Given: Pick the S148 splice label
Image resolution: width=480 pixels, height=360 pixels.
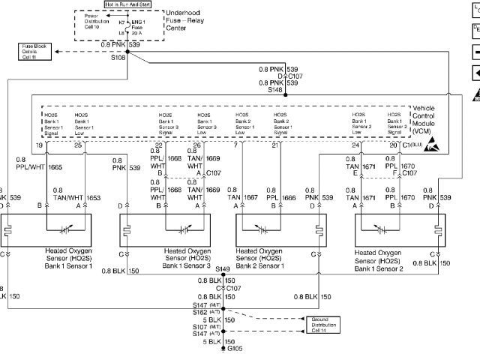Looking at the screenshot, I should [276, 89].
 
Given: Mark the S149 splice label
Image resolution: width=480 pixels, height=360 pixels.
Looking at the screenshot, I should [223, 268].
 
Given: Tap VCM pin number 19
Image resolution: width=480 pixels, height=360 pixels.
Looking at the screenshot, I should [40, 144].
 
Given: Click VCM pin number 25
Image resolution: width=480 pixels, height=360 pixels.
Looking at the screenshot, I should [79, 144].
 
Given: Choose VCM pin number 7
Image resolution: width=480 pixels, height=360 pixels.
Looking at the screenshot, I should [235, 144].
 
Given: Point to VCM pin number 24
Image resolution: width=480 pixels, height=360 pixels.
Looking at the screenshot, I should [356, 144].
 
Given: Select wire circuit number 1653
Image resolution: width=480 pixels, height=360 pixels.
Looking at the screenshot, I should [93, 198].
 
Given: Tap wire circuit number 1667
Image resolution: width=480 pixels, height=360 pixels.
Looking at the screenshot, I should [251, 198].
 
